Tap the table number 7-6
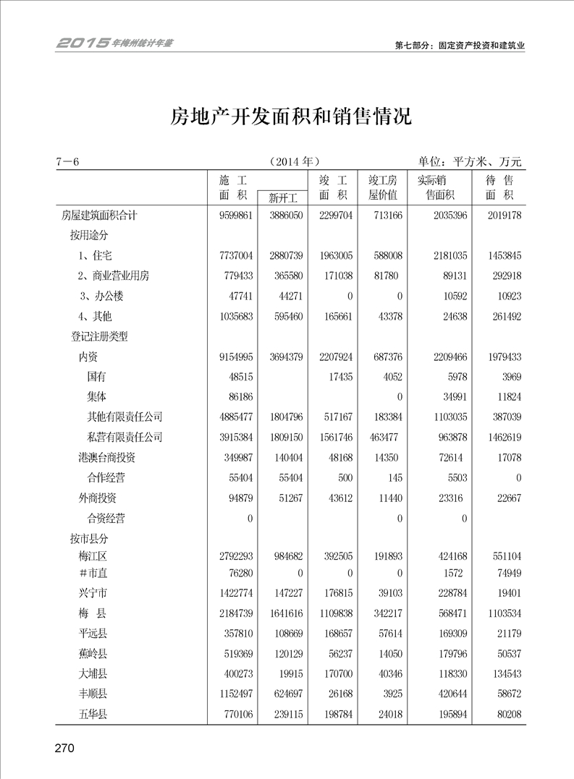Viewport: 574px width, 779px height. tap(67, 161)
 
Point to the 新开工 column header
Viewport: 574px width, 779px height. tap(282, 197)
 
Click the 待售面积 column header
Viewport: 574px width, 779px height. tap(499, 187)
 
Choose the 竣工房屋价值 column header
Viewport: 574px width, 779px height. tap(383, 187)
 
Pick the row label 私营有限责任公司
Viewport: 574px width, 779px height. tap(124, 437)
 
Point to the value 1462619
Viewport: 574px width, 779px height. tap(499, 437)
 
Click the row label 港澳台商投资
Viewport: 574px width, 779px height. tap(106, 457)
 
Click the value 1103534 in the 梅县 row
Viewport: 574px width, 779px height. tap(499, 613)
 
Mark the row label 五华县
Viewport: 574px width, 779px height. tap(94, 715)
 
